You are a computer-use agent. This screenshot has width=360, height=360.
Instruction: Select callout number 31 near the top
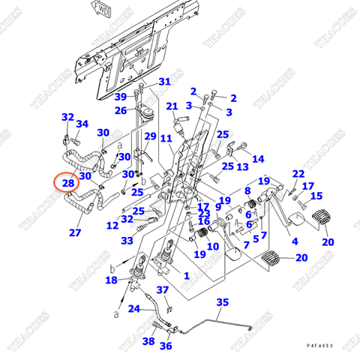pos(164,82)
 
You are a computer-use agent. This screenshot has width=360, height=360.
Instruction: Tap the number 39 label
pos(121,97)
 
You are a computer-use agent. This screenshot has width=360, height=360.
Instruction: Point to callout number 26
pos(121,111)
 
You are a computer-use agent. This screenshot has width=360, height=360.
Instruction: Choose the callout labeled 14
pos(258,159)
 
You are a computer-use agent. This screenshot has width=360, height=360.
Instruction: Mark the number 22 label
pos(298,174)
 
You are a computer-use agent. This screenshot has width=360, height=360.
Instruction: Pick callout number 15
pos(316,196)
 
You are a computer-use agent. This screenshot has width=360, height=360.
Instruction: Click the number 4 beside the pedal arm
pos(294,241)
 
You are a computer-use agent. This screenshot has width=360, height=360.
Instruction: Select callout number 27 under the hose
pos(75,232)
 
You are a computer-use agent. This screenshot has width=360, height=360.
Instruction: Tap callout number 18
pos(112,280)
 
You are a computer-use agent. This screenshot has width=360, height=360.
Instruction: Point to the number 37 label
pos(163,290)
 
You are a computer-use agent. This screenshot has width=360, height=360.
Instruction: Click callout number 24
pos(134,308)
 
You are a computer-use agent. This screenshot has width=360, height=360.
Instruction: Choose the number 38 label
pos(148,341)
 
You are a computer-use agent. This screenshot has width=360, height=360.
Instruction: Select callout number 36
pos(166,346)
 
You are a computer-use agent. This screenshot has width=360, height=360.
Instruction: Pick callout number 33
pos(127,241)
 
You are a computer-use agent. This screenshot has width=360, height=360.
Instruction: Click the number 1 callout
pos(187,275)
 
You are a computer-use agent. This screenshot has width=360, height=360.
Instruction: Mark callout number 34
pos(82,124)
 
